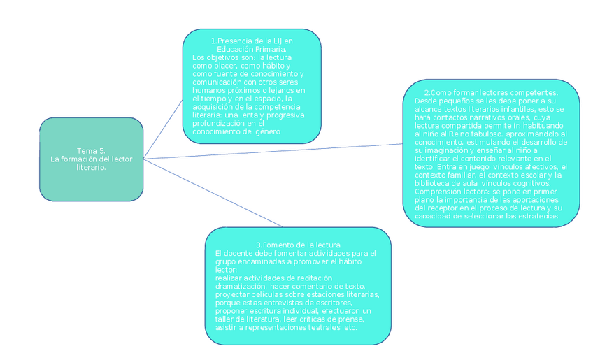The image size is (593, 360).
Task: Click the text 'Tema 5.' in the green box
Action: pyautogui.click(x=91, y=151)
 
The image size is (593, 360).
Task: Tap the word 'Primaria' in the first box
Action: pyautogui.click(x=269, y=50)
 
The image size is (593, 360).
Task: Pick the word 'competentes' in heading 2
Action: pyautogui.click(x=532, y=93)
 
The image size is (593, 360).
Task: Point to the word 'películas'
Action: pyautogui.click(x=270, y=295)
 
